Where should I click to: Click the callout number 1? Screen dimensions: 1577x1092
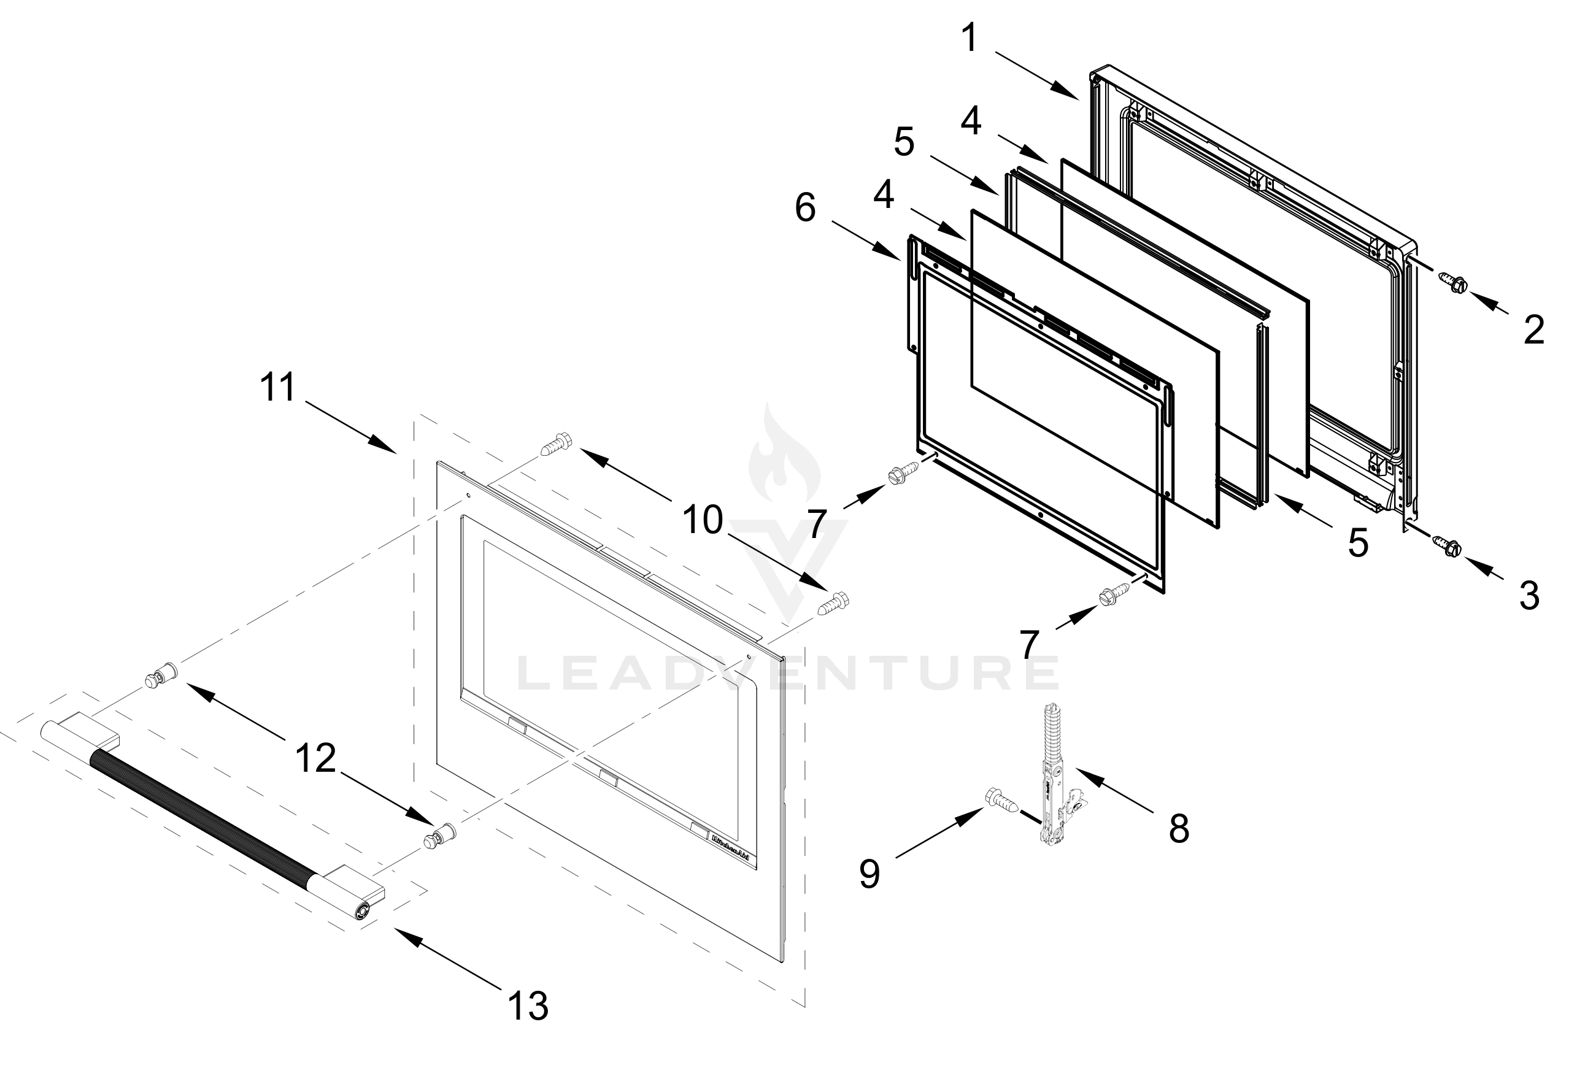pyautogui.click(x=970, y=38)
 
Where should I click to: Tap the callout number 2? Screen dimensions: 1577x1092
pyautogui.click(x=1534, y=330)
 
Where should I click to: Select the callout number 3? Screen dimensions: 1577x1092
pyautogui.click(x=1529, y=595)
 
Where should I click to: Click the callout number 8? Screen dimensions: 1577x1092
pyautogui.click(x=1179, y=829)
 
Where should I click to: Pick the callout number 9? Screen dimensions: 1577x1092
pyautogui.click(x=869, y=874)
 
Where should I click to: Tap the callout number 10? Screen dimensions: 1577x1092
pyautogui.click(x=703, y=520)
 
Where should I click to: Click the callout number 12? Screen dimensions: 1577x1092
pyautogui.click(x=315, y=758)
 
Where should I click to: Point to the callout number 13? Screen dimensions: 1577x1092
pyautogui.click(x=528, y=1005)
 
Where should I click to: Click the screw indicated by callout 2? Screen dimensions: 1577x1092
pyautogui.click(x=1451, y=281)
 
